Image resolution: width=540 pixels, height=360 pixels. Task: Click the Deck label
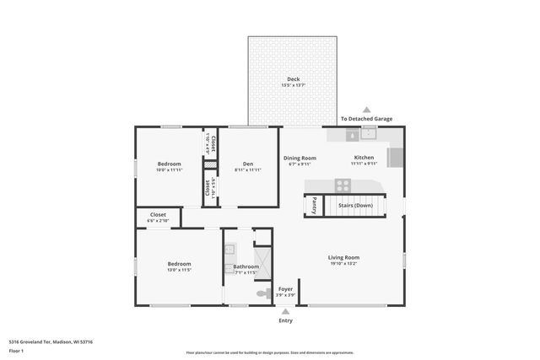click(294, 80)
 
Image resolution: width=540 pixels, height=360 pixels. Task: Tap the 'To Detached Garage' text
click(366, 120)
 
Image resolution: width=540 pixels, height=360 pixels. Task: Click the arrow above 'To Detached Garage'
click(366, 110)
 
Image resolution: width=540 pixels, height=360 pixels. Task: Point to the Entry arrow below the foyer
click(285, 311)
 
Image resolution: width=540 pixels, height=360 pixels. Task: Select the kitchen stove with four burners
click(343, 185)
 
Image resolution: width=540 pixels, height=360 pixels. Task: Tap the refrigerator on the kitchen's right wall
click(396, 158)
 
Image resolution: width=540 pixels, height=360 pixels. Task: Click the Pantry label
click(311, 205)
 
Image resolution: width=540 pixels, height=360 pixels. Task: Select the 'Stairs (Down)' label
click(355, 205)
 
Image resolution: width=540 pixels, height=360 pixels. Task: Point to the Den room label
click(248, 164)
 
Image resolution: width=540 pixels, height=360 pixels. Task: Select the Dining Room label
click(300, 158)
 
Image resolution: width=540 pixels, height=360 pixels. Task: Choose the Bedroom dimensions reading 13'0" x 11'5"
click(179, 270)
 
